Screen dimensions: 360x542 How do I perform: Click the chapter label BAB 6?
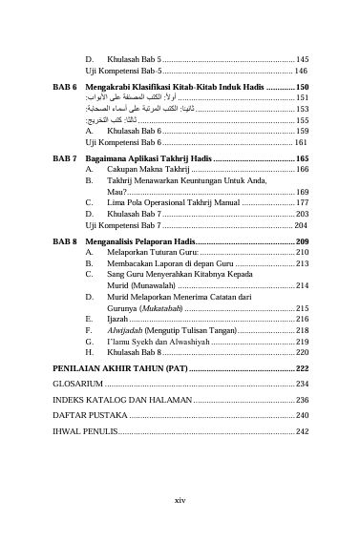tap(65, 86)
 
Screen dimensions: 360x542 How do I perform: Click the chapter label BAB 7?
tap(65, 157)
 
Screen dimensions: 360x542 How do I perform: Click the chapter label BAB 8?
tap(65, 242)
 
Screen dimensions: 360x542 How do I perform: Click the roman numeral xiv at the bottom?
tap(180, 499)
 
